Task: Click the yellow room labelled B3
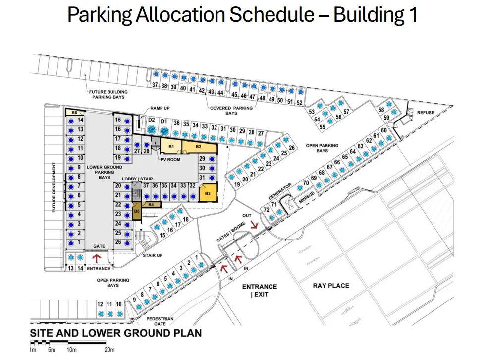click(208, 193)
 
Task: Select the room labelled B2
click(199, 147)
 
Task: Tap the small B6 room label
click(74, 112)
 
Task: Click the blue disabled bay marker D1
click(164, 131)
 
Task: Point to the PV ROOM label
click(170, 160)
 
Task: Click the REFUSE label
click(426, 112)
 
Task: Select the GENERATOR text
click(280, 191)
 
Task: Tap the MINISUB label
click(307, 197)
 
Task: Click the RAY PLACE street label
click(331, 286)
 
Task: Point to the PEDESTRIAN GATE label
click(160, 321)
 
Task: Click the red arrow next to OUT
click(254, 225)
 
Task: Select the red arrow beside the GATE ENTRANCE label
click(97, 258)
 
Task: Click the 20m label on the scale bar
click(109, 350)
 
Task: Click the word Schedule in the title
click(272, 14)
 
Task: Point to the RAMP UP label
click(160, 108)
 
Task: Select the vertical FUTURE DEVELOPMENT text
click(54, 187)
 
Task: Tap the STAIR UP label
click(153, 255)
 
